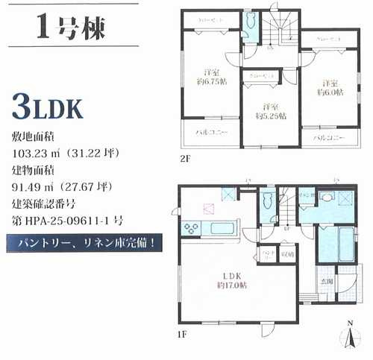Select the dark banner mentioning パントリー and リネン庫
click(x=84, y=241)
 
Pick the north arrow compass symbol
click(x=350, y=336)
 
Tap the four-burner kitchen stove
click(x=189, y=228)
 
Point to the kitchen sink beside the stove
click(x=219, y=227)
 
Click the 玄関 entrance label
click(x=327, y=280)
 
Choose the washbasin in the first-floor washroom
click(x=327, y=198)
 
